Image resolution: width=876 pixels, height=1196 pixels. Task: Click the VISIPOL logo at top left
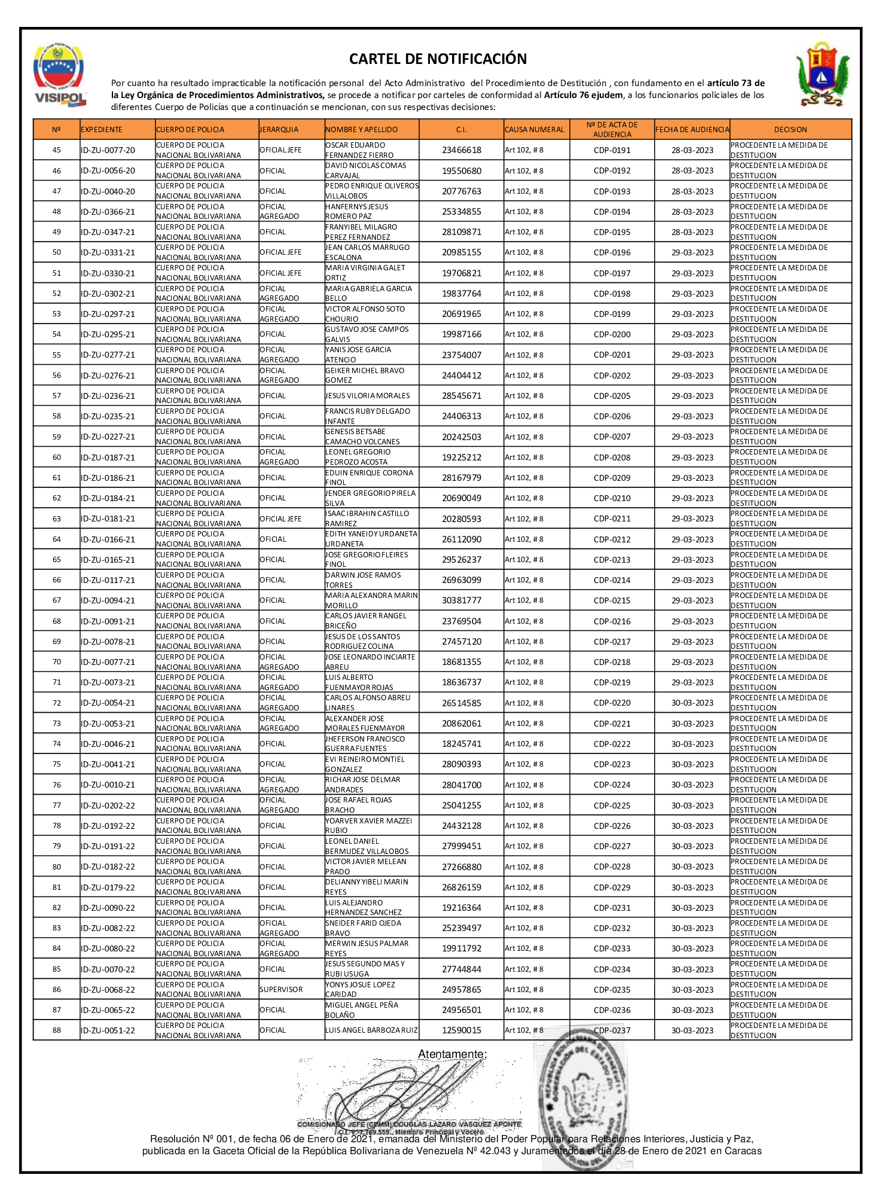point(59,75)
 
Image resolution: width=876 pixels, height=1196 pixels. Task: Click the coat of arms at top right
point(822,75)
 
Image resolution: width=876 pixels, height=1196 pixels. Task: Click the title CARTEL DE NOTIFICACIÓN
point(438,59)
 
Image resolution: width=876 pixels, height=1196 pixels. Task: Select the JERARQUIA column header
point(279,130)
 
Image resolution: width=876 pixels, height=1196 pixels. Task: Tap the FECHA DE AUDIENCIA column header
point(692,130)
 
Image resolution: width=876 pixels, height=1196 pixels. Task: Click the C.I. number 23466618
point(461,150)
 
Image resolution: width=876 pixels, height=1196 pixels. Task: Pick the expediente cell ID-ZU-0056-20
point(108,171)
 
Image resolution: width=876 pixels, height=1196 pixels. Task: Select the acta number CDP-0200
point(612,334)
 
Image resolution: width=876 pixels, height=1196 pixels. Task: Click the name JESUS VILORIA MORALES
point(368,396)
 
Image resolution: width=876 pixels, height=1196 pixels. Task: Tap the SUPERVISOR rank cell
point(281,990)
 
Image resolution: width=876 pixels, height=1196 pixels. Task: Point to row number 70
point(57,662)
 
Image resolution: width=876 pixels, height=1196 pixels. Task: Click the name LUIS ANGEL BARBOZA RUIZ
point(371,1030)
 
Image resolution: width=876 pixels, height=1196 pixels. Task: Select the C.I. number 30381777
point(461,600)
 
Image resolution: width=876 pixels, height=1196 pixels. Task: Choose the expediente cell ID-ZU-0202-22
point(108,806)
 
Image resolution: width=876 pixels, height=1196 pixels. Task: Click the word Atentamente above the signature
point(452,1054)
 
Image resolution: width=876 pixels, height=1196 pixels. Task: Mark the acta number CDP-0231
point(612,908)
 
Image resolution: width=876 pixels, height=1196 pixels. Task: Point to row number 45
point(57,150)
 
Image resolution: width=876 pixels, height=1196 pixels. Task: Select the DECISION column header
point(790,130)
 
